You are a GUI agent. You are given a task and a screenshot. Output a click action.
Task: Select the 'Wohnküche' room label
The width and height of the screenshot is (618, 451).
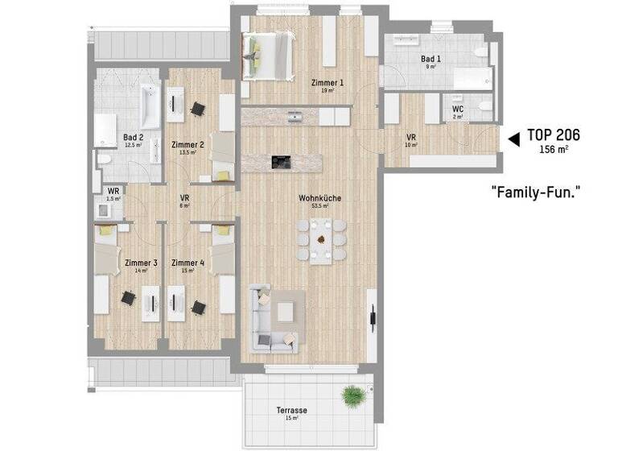(313, 196)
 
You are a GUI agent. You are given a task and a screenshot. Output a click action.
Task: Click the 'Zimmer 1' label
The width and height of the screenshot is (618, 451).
(328, 83)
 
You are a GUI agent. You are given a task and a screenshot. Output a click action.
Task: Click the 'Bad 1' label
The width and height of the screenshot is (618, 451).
(431, 59)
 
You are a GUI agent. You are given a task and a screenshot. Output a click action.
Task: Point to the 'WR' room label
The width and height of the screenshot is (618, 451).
(113, 191)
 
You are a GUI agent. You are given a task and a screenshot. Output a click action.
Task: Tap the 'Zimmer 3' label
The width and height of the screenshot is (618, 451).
(141, 263)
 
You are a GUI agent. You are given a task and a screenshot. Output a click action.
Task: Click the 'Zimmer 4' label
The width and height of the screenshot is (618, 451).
(187, 263)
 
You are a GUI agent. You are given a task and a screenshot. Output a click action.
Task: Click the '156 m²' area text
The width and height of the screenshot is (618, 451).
(554, 149)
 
